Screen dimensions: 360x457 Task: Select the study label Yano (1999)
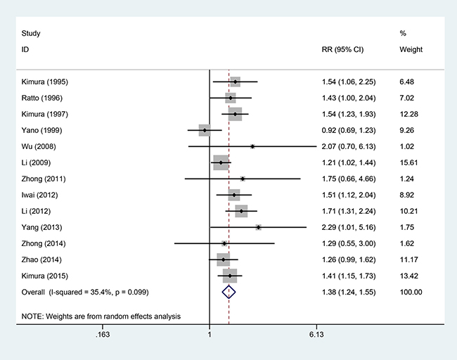click(37, 130)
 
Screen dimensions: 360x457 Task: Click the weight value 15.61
click(410, 162)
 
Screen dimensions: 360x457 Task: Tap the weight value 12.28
click(410, 114)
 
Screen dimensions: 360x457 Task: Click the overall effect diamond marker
click(228, 291)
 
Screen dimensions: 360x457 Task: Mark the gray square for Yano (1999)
click(205, 130)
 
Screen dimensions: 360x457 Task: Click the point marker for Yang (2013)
click(259, 227)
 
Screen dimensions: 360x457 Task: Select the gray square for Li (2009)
click(221, 162)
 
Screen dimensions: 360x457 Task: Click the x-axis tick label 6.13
click(316, 335)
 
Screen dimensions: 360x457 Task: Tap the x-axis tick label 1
click(210, 335)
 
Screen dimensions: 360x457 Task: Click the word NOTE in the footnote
click(32, 316)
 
